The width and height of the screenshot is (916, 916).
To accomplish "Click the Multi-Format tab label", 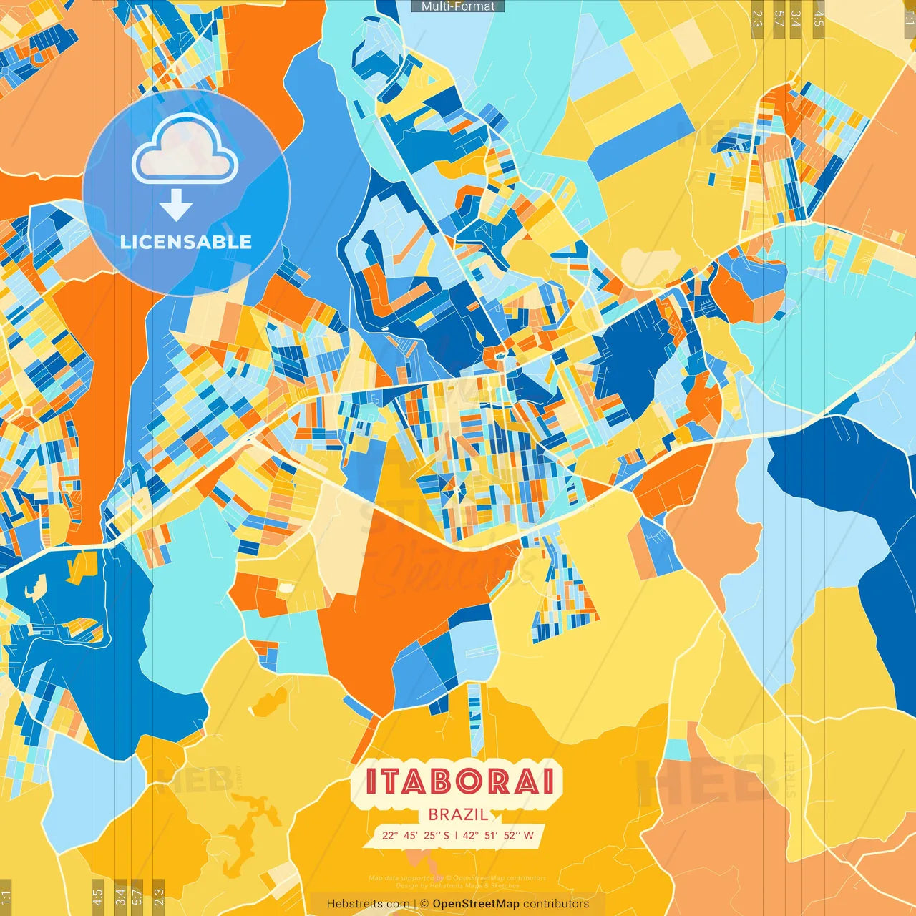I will (x=458, y=6).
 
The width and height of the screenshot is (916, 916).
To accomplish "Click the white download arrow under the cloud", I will (x=176, y=205).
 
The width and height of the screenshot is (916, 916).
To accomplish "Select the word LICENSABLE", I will (x=186, y=242).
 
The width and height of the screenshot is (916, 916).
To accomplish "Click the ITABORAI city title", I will (x=460, y=781).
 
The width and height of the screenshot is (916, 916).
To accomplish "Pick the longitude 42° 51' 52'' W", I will (x=498, y=835).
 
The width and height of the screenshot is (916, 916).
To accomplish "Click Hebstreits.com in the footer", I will (x=368, y=904).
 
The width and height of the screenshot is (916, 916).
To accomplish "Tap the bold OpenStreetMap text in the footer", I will (x=476, y=904).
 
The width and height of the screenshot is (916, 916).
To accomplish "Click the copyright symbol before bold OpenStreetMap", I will (x=424, y=904).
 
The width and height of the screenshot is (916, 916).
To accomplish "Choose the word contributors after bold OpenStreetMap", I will (x=556, y=904).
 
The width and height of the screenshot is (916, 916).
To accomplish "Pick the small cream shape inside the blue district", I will (x=32, y=590).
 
